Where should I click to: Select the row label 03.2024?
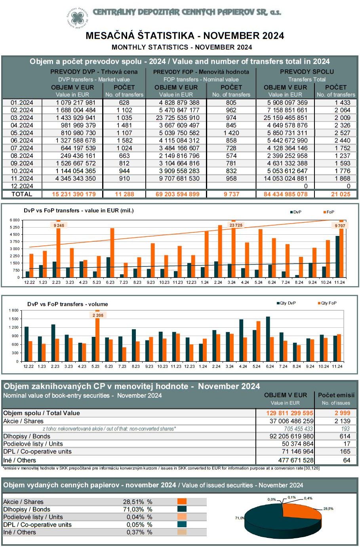[x=22, y=118]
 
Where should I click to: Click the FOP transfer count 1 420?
[x=231, y=133]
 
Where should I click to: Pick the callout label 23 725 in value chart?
[x=236, y=225]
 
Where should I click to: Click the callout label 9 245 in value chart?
[x=59, y=225]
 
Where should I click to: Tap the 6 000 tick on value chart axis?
[x=14, y=220]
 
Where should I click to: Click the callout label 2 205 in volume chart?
[x=98, y=315]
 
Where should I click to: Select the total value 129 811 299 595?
[x=290, y=413]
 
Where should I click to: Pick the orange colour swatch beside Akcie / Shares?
[x=182, y=502]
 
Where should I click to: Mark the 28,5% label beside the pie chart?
[x=328, y=509]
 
